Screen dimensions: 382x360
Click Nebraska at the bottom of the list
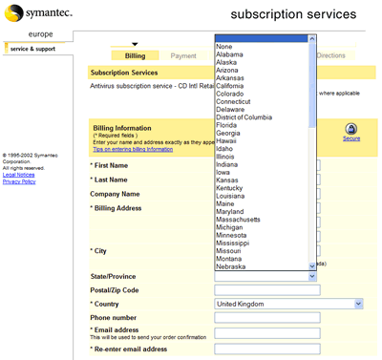point(233,266)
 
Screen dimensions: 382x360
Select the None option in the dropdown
point(224,45)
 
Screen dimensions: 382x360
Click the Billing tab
point(135,56)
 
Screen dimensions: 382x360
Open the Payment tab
point(183,56)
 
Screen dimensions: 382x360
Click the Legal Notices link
point(20,175)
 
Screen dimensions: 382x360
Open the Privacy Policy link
point(19,181)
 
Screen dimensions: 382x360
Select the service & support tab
point(33,48)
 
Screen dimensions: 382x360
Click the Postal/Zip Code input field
point(266,289)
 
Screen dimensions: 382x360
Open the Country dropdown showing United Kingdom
point(288,304)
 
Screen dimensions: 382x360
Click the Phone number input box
point(266,318)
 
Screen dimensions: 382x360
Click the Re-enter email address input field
point(266,349)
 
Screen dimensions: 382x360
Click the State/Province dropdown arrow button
point(312,276)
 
